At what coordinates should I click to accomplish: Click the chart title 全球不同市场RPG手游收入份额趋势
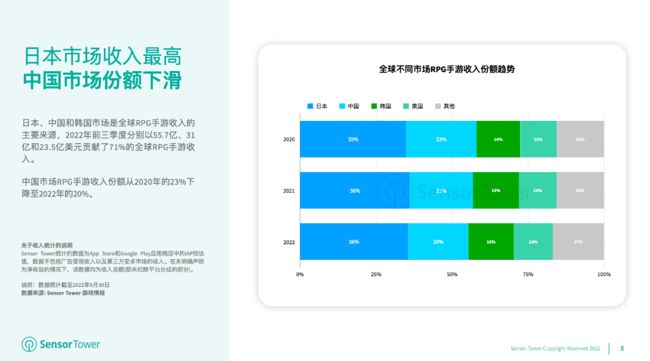[447, 69]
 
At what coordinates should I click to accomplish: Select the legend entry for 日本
[317, 106]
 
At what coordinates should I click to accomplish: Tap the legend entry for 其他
[444, 106]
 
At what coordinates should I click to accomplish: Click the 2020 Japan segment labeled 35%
[353, 140]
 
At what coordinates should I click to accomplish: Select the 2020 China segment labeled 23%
[441, 140]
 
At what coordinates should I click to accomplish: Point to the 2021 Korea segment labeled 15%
[495, 191]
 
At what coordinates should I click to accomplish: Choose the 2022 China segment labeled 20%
[438, 242]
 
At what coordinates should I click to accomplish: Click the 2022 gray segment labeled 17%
[578, 242]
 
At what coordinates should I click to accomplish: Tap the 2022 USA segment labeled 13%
[533, 242]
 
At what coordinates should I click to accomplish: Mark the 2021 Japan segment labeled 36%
[354, 191]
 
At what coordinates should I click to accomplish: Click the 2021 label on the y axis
[289, 191]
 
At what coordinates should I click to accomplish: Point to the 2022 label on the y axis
[289, 242]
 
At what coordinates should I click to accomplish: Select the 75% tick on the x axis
[528, 274]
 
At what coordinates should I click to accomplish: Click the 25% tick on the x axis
[376, 274]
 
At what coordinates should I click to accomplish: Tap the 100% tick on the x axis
[604, 274]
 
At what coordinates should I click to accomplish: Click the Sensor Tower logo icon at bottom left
[29, 344]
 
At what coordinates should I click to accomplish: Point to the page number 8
[622, 348]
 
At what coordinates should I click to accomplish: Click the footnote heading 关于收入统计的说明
[47, 245]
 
